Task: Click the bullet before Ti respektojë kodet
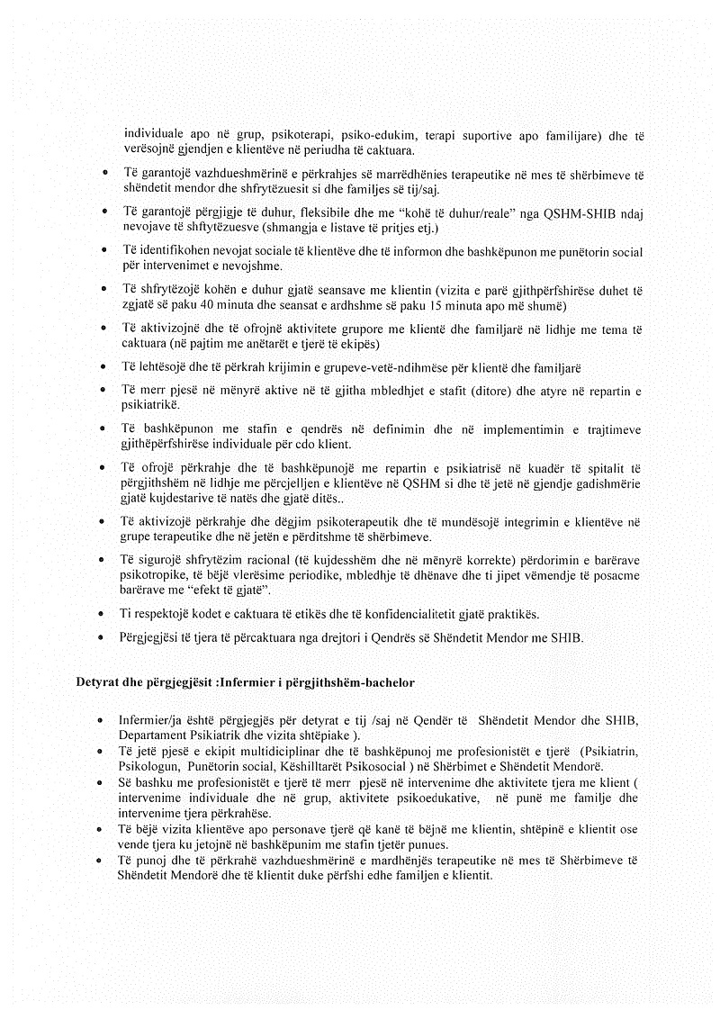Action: [106, 614]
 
